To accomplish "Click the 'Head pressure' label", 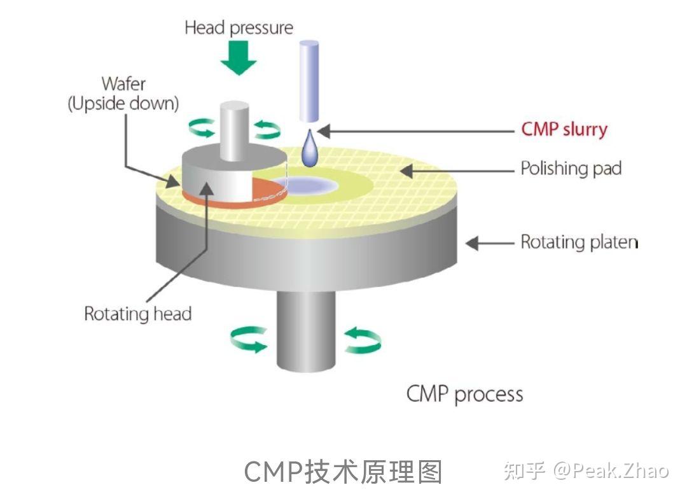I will pyautogui.click(x=239, y=28).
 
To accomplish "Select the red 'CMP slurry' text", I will pyautogui.click(x=564, y=129).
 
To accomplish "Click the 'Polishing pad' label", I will pyautogui.click(x=571, y=169).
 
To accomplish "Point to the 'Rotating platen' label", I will pyautogui.click(x=579, y=242).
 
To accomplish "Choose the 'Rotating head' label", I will pyautogui.click(x=138, y=314).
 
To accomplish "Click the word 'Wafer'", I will pyautogui.click(x=123, y=83).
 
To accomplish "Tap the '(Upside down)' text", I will pyautogui.click(x=123, y=104).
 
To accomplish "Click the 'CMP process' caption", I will pyautogui.click(x=464, y=394).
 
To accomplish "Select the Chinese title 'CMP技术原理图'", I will pyautogui.click(x=343, y=472).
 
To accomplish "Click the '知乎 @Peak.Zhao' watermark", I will pyautogui.click(x=586, y=471).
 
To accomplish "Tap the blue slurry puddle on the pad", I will pyautogui.click(x=312, y=185).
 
